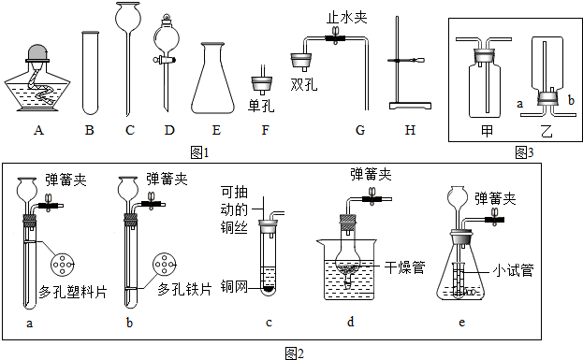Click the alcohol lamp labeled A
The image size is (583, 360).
pos(38,81)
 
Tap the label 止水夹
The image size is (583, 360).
pos(343,17)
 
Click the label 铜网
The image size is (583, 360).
pos(233,284)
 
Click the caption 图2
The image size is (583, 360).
pos(295,352)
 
